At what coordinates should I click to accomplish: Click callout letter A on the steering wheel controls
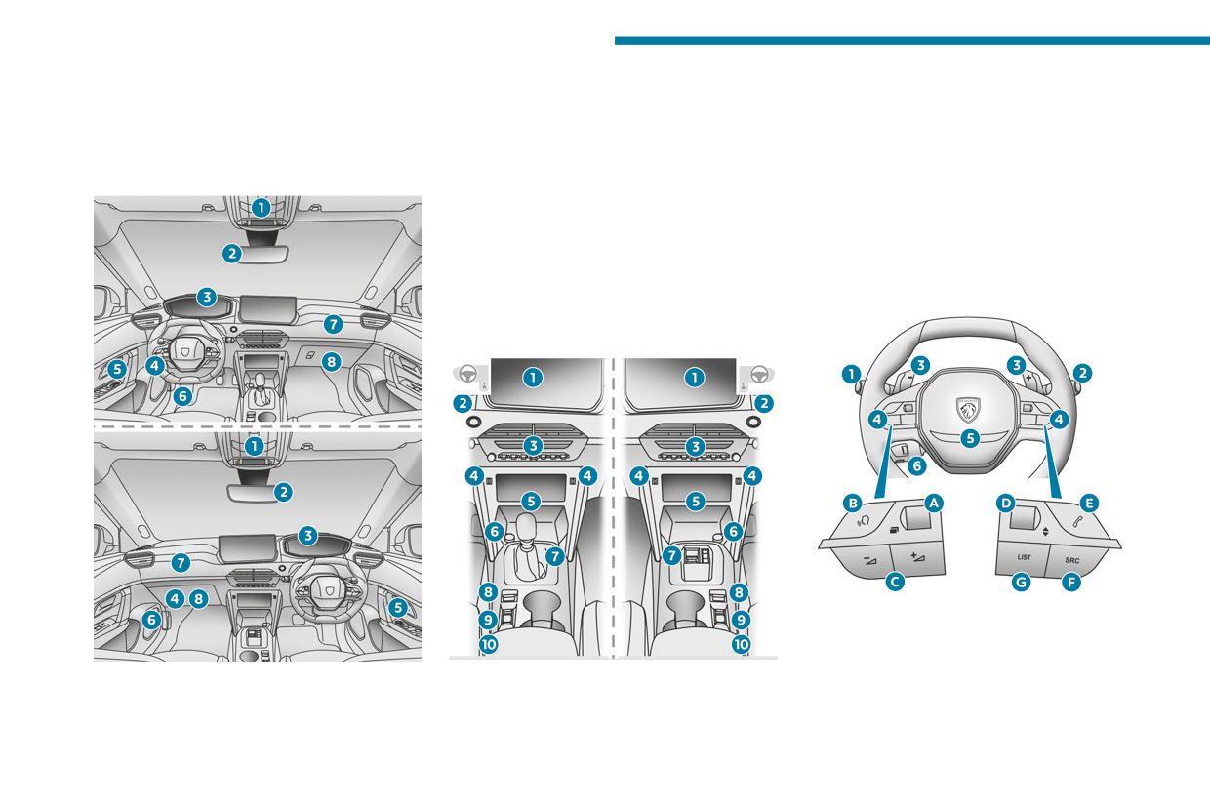click(x=934, y=504)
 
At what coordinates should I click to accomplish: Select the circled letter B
click(x=853, y=504)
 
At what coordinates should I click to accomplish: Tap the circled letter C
click(x=895, y=582)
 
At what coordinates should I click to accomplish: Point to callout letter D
click(x=1006, y=504)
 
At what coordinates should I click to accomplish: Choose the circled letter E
click(x=1089, y=504)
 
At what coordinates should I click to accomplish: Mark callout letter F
click(x=1070, y=583)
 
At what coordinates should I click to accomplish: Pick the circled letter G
click(x=1021, y=583)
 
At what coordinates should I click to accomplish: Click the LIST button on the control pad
click(x=1024, y=557)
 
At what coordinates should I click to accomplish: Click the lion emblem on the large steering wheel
click(x=969, y=410)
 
